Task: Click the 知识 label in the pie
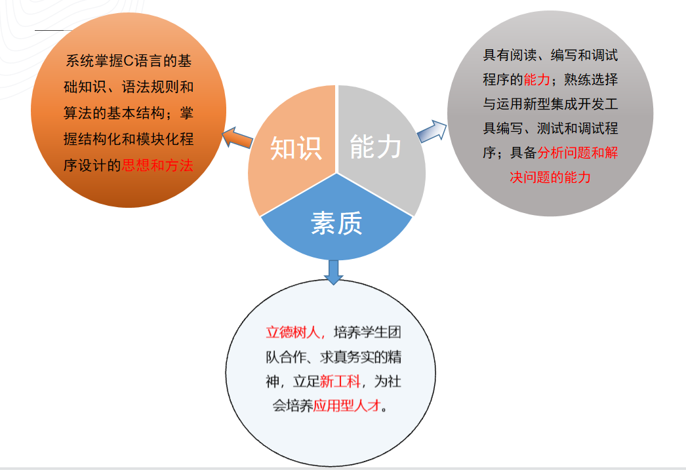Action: point(296,147)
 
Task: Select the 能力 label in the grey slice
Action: point(376,146)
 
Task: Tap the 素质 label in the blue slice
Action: point(336,224)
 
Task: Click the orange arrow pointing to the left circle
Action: point(237,138)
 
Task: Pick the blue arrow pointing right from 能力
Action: point(432,130)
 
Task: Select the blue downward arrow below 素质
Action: point(334,271)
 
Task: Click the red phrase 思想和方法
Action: point(157,165)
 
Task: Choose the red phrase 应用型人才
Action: point(347,406)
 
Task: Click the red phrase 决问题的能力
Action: point(550,178)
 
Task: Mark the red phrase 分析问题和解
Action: point(578,153)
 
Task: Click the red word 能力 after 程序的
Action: point(537,79)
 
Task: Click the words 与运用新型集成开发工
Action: point(550,104)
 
